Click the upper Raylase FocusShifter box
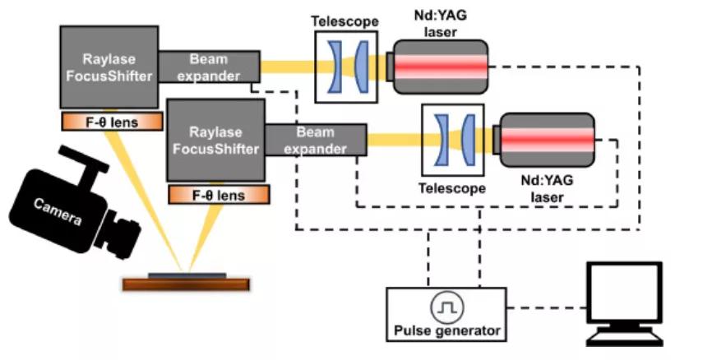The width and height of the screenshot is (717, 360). [x=109, y=66]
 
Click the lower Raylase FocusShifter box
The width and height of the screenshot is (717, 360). [x=215, y=140]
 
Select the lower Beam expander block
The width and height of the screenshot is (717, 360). [x=316, y=140]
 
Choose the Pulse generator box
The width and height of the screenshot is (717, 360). [x=446, y=313]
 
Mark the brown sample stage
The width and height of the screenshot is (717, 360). [x=186, y=284]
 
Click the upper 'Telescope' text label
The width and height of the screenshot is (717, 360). [x=344, y=21]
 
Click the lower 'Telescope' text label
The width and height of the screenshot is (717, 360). [x=451, y=188]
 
